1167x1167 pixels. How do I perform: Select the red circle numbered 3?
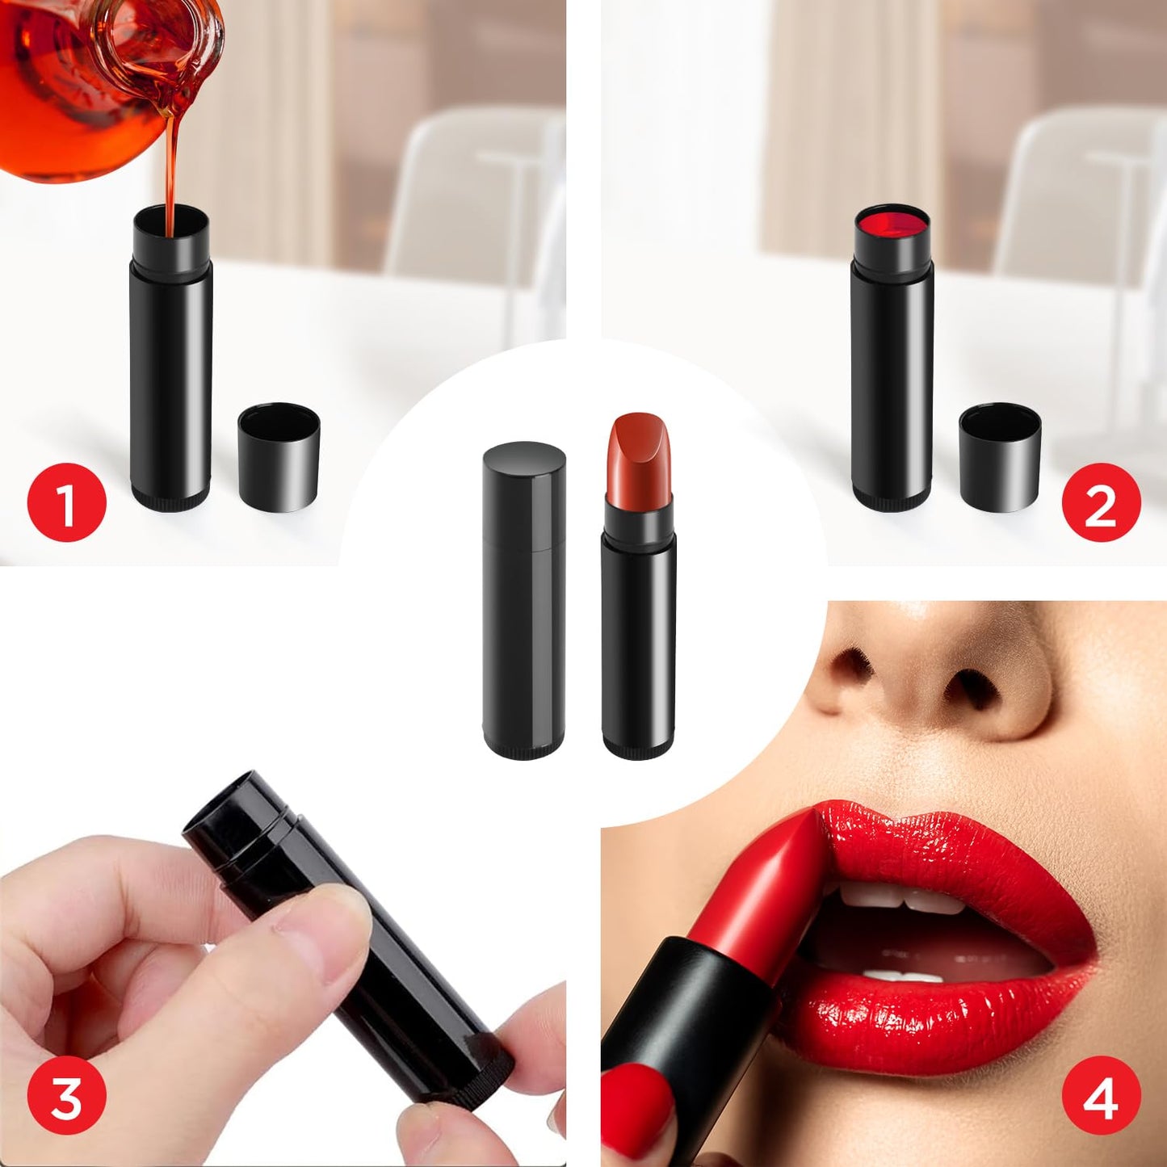pos(67,1097)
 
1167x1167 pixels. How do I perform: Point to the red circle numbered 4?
pos(1101,1097)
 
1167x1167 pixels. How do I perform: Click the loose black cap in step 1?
pos(279,457)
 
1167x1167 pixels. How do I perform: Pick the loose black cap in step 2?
pos(1000,457)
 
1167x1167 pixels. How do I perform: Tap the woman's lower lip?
pos(945,1018)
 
